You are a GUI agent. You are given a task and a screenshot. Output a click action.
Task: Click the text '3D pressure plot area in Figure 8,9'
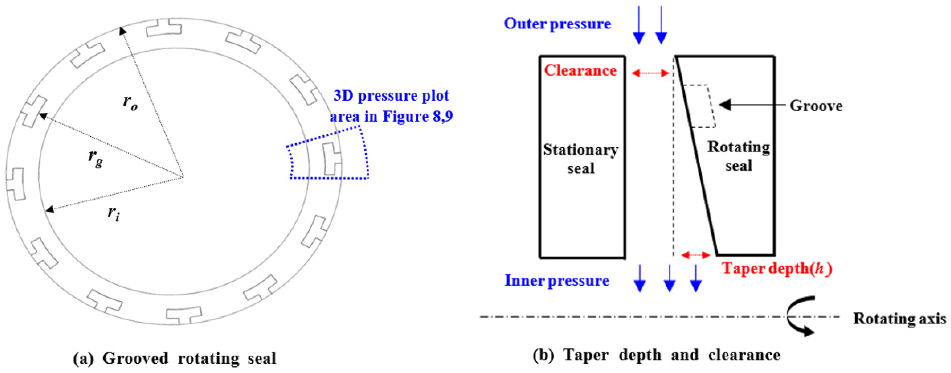[x=391, y=106]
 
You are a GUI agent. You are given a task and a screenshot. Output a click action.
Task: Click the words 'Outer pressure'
[x=558, y=24]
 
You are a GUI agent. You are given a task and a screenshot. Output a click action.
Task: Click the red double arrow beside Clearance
[x=650, y=73]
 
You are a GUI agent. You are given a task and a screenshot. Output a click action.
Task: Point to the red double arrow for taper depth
[x=696, y=255]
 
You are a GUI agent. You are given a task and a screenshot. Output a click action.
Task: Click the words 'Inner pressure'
[x=557, y=281]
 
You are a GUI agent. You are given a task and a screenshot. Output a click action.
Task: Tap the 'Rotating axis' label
[x=899, y=318]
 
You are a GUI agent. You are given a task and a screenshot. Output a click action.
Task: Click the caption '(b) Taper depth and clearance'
[x=656, y=355]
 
